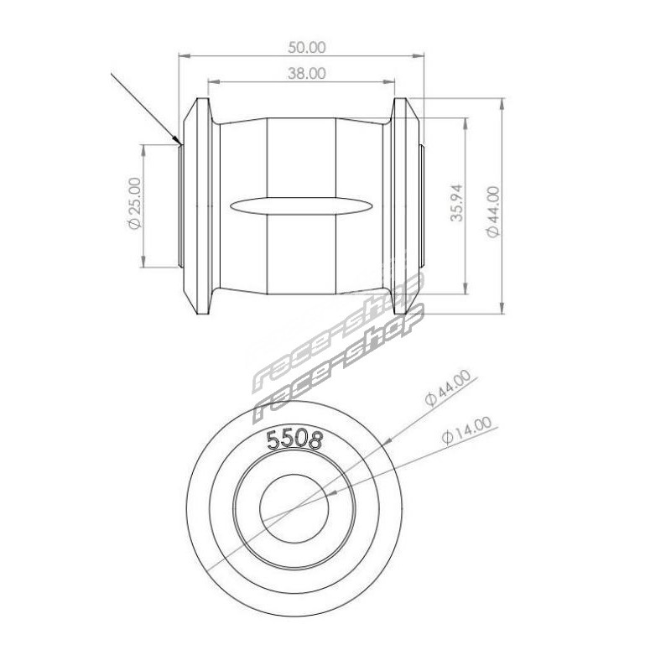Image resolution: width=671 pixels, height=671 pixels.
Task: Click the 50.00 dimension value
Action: click(x=306, y=47)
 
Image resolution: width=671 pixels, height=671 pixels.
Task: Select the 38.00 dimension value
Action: click(x=306, y=74)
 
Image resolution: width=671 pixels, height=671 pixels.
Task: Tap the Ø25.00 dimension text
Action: click(x=134, y=203)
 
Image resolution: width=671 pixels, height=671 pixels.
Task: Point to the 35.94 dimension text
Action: click(x=456, y=202)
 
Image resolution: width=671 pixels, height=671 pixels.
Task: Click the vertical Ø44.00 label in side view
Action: click(x=493, y=211)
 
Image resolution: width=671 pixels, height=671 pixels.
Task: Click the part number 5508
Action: click(x=294, y=440)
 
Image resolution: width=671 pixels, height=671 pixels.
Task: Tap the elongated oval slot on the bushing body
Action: click(x=301, y=205)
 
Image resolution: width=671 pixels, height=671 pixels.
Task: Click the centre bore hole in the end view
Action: click(x=294, y=507)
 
